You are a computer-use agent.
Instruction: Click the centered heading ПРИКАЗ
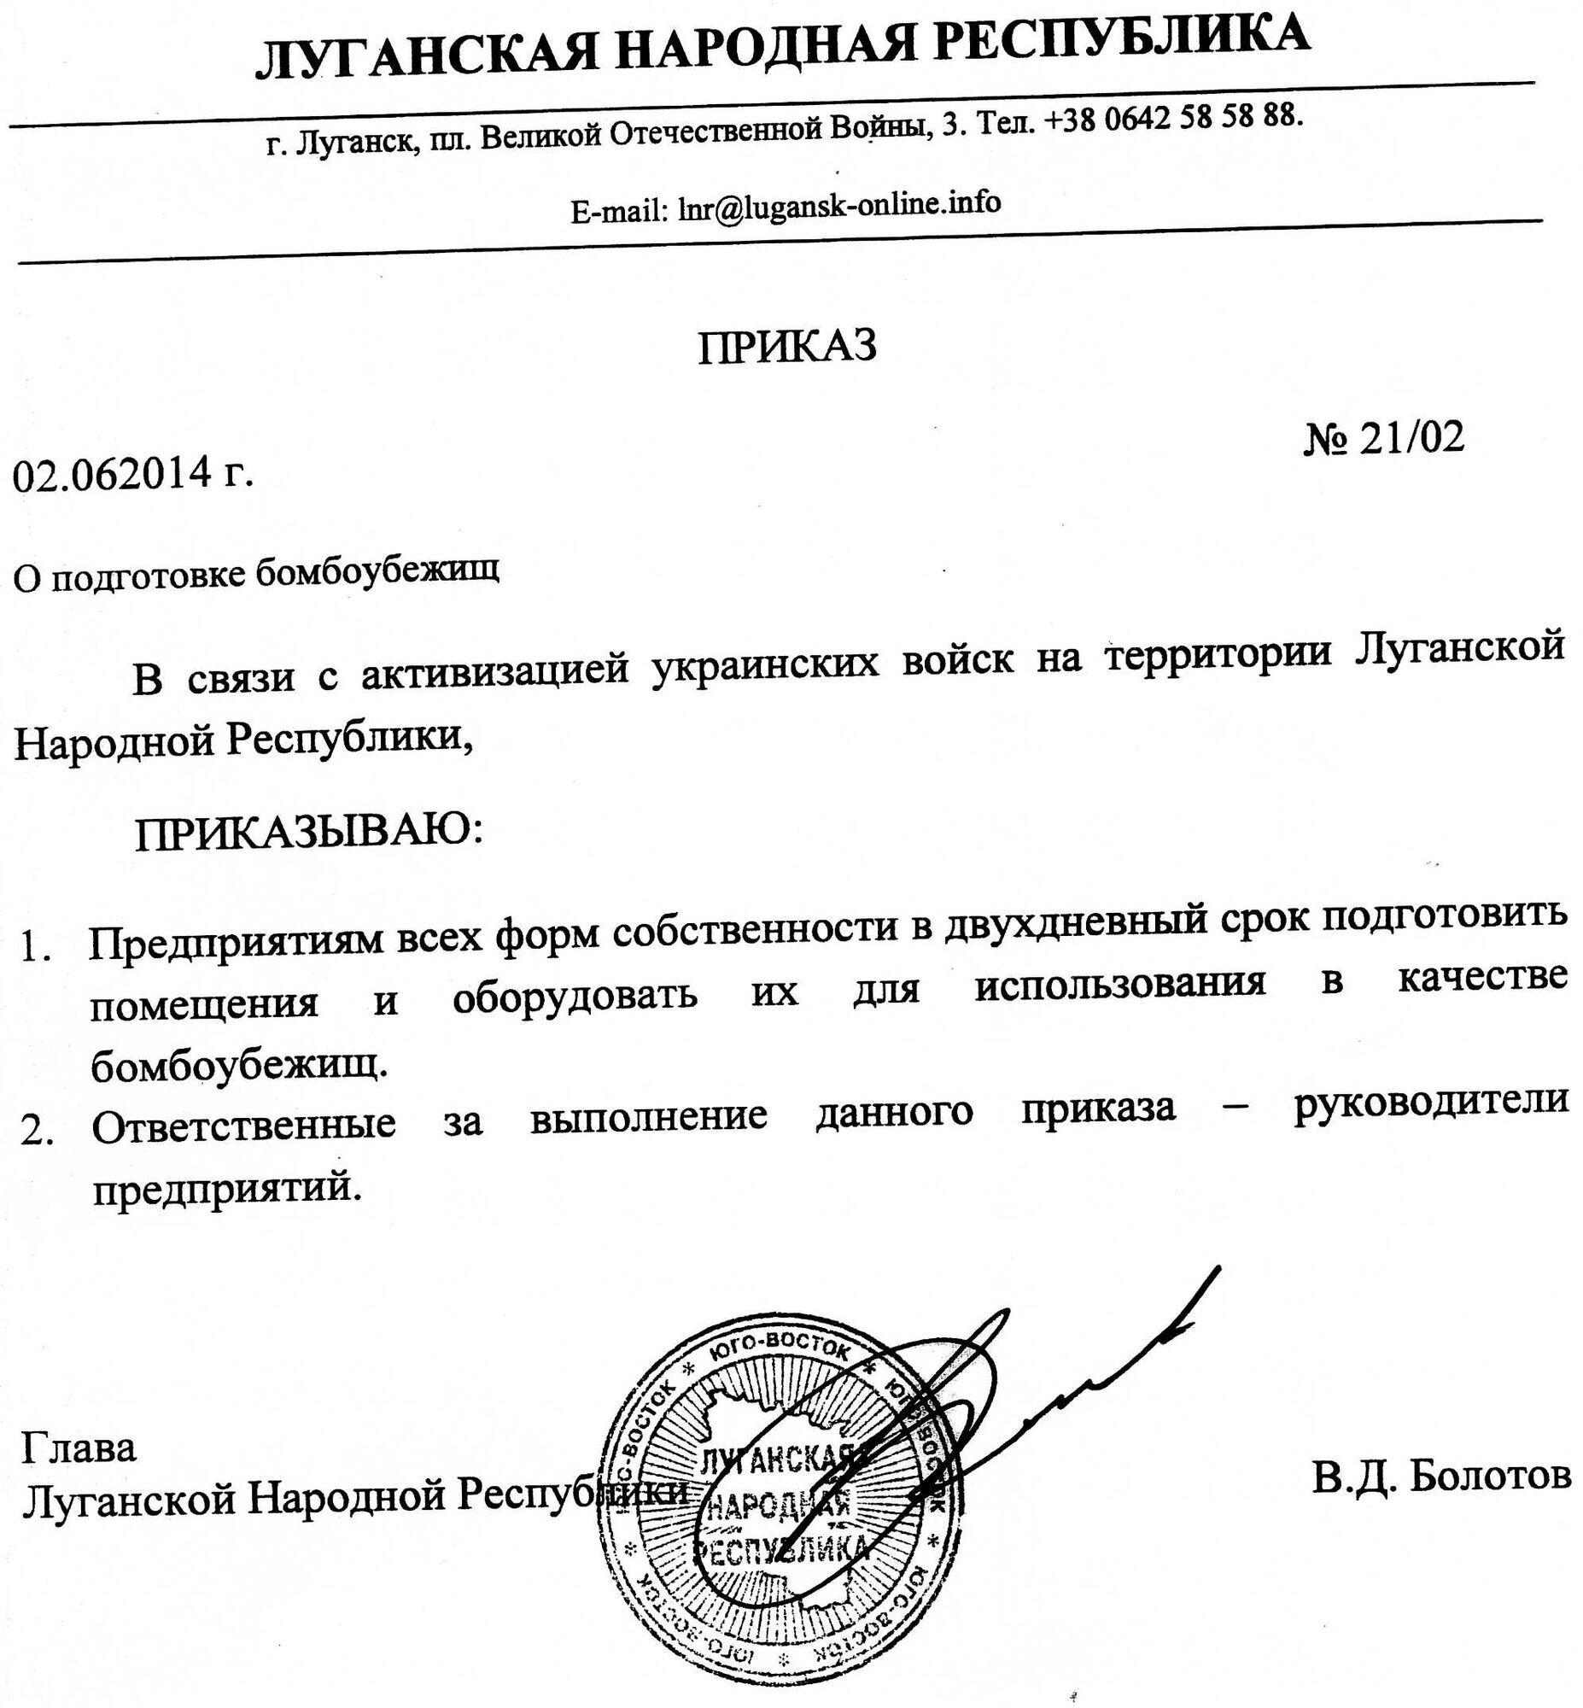coord(787,347)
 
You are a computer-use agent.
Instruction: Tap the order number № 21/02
coord(1384,439)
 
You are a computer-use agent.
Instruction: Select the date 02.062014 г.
coord(134,474)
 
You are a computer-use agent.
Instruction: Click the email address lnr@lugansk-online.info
coord(838,205)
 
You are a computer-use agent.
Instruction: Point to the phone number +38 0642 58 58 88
coord(1174,119)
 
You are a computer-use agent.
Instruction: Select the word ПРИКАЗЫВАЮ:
coord(308,830)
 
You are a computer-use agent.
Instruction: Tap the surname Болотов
coord(1490,1474)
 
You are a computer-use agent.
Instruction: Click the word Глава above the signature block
coord(79,1448)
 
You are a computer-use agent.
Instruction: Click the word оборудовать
coord(574,995)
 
